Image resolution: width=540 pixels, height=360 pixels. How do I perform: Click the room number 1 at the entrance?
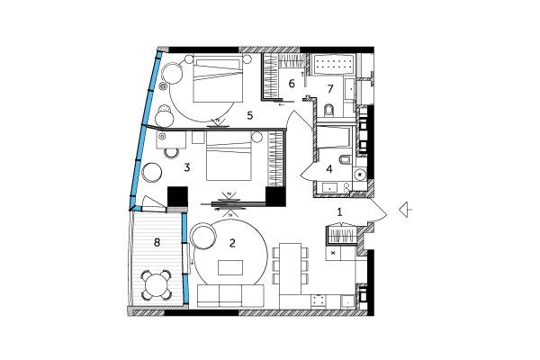tap(339, 212)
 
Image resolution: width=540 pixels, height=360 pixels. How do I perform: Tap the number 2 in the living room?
tap(232, 243)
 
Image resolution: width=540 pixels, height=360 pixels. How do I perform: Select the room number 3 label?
tap(187, 167)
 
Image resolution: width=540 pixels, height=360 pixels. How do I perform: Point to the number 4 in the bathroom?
tap(329, 169)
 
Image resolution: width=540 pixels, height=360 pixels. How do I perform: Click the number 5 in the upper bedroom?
tap(250, 116)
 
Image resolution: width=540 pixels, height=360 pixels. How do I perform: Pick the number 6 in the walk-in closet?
tap(292, 84)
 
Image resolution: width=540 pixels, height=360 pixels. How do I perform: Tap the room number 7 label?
tap(330, 89)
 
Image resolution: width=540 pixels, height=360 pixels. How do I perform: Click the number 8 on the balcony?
tap(157, 242)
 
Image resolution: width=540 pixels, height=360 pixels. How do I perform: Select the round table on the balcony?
tap(157, 285)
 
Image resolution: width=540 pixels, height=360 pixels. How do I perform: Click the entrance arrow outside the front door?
tap(406, 210)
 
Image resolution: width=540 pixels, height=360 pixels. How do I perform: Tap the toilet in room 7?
tap(329, 110)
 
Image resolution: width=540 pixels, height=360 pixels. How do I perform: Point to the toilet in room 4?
tap(345, 160)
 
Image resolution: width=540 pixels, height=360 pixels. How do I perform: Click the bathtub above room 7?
tap(333, 64)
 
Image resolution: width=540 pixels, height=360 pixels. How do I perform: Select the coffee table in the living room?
tap(230, 267)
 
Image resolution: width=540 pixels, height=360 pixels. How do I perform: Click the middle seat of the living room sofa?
tap(230, 296)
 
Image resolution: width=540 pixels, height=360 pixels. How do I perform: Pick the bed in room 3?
tap(229, 157)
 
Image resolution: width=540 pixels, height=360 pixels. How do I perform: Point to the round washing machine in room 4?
tap(361, 175)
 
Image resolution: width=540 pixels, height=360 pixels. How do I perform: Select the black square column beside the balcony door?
tap(177, 197)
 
